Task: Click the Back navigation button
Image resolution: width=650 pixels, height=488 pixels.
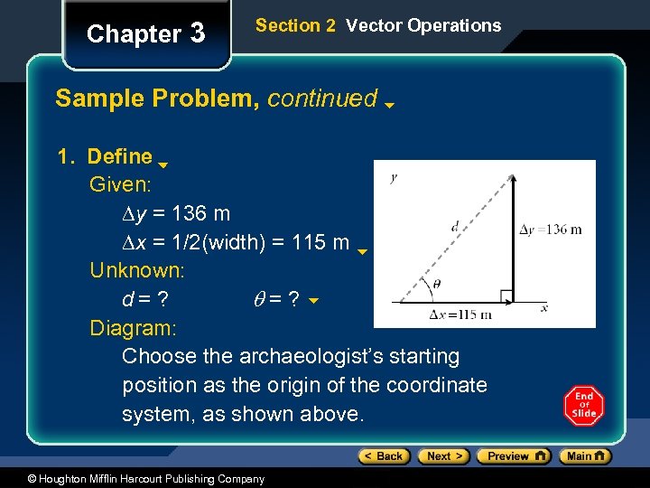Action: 384,456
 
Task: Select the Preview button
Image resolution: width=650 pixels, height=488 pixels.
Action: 512,456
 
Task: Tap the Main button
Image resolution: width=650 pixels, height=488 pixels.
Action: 585,456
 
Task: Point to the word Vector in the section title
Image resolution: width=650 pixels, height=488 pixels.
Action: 375,25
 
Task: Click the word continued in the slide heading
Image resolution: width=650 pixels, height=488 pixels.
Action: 322,98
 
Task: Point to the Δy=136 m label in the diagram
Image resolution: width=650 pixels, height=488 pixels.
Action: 551,230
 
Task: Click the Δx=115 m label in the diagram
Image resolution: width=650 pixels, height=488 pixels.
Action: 460,314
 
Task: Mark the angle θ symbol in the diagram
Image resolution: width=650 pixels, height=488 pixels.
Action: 437,283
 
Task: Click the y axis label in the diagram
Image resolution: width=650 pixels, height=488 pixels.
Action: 393,178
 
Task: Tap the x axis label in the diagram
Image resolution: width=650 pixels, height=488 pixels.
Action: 544,307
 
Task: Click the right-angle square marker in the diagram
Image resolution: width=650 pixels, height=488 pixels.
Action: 506,295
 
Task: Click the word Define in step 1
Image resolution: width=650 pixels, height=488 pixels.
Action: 119,156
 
